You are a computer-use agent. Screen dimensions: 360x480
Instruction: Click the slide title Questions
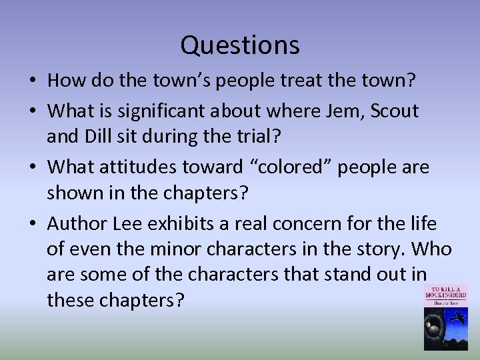240,45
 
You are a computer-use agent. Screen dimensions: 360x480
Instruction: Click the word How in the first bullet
65,81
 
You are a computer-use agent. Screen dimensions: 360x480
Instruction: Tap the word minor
203,249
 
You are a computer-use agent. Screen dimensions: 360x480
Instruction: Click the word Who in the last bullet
433,249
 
